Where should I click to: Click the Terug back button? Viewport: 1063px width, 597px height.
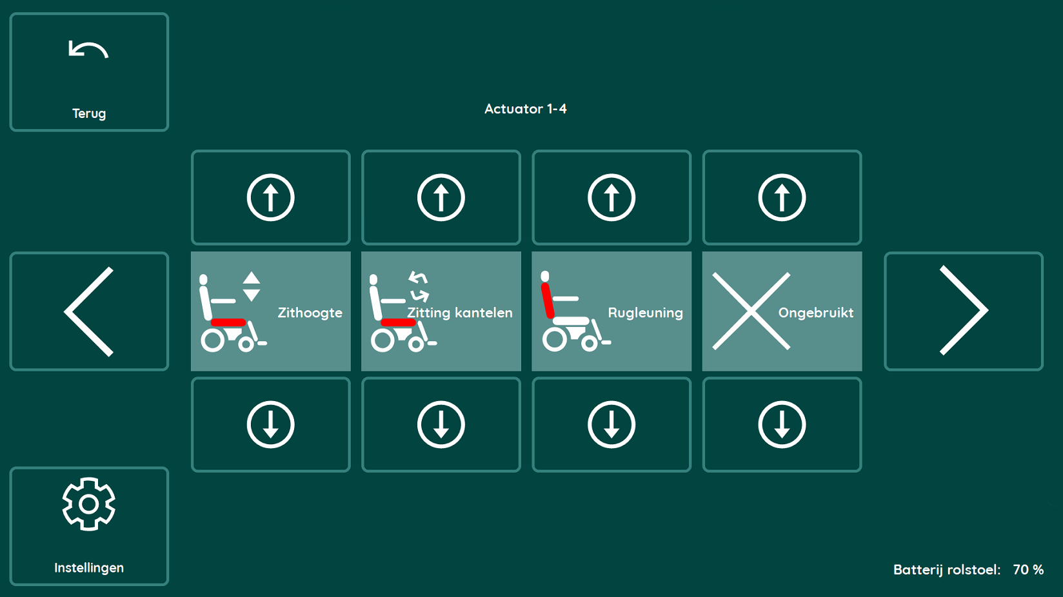(x=89, y=72)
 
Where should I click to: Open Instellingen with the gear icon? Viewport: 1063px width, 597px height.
(x=89, y=526)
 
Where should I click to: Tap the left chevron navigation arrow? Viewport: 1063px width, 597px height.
(x=89, y=311)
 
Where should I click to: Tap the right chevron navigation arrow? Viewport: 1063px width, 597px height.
(x=964, y=311)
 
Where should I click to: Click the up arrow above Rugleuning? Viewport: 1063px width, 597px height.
(x=611, y=197)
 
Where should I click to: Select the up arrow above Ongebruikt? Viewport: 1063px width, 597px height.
(x=782, y=197)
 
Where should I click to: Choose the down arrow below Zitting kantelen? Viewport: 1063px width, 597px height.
(x=441, y=424)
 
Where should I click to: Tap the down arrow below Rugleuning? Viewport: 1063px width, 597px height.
(x=611, y=424)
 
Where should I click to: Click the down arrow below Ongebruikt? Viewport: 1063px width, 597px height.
(x=782, y=424)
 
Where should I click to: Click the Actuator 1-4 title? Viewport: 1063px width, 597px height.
(x=525, y=109)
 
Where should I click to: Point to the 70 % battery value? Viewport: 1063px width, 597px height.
(x=1028, y=569)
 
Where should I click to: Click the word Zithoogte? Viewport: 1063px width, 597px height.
(x=310, y=313)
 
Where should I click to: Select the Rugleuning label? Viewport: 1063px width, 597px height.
(x=646, y=313)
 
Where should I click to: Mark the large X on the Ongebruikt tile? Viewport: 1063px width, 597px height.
(x=751, y=311)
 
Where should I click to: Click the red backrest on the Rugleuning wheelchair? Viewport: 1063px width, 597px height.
(x=548, y=300)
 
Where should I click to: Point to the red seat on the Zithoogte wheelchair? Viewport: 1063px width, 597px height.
(x=228, y=322)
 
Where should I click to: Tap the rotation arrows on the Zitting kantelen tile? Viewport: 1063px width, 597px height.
(x=419, y=286)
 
